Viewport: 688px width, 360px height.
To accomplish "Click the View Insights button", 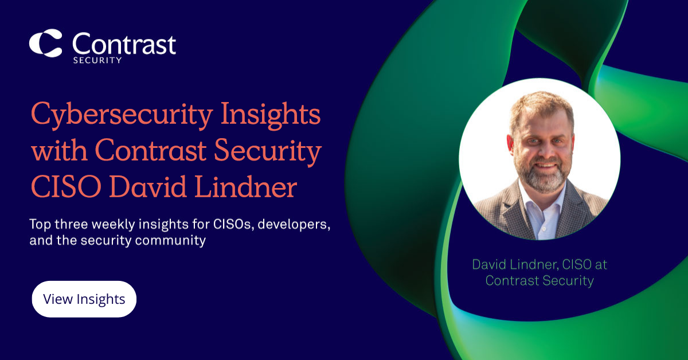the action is point(84,299).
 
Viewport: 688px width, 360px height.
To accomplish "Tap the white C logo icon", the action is point(45,44).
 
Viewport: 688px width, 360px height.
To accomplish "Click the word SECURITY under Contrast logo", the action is point(97,60).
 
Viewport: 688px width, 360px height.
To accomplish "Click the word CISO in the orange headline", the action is point(66,187).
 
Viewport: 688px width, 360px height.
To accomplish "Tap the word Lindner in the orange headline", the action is point(246,186).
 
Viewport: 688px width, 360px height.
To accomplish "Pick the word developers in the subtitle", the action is point(294,224).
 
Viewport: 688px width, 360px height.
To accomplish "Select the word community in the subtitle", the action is point(170,241).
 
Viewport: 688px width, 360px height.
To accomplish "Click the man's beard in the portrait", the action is point(543,174).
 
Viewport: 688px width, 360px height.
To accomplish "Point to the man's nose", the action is point(543,151).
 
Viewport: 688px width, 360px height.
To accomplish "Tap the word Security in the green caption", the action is point(568,281).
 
